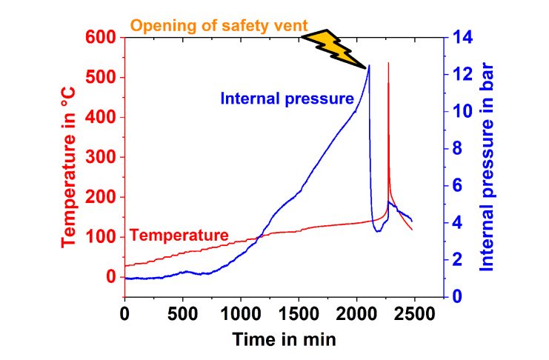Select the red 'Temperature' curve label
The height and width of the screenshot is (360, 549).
[179, 236]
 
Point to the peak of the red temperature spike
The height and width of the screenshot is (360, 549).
[388, 64]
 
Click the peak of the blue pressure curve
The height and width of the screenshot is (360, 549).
[369, 66]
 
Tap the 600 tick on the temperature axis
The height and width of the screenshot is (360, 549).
[102, 37]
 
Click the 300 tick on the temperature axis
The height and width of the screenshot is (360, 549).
[102, 157]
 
